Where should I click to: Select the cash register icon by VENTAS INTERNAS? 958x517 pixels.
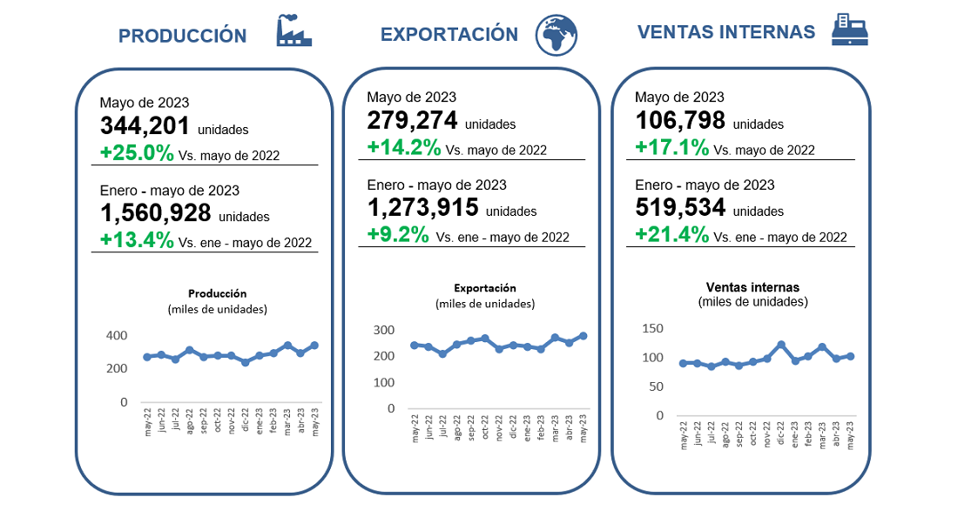pos(850,30)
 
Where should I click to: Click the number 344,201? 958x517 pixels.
pos(145,127)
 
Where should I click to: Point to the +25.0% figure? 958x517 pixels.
pos(137,153)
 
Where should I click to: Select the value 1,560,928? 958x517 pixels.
pos(155,213)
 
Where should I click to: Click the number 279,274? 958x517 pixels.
pos(412,121)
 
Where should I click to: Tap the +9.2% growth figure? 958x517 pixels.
pos(398,234)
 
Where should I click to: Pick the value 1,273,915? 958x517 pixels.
pos(422,208)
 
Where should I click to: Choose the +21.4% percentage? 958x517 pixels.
pos(671,234)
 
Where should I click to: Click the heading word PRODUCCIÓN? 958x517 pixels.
pos(182,36)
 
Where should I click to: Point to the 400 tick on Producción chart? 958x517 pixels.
pos(117,335)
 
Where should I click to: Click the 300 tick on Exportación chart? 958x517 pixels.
pos(384,330)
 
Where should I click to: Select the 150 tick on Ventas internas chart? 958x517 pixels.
pos(652,328)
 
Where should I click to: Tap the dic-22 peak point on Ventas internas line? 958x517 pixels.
pos(781,345)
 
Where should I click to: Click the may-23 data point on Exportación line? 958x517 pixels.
pos(583,335)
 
